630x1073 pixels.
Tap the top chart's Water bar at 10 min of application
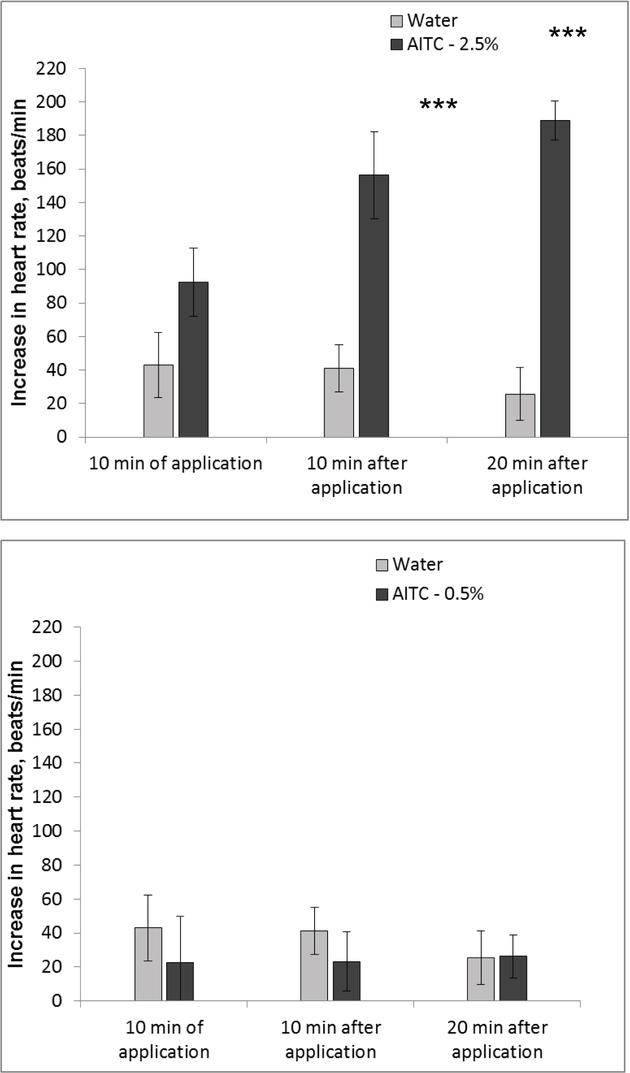pyautogui.click(x=158, y=400)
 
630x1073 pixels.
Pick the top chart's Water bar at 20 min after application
pyautogui.click(x=520, y=416)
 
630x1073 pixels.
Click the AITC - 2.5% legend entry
pyautogui.click(x=445, y=44)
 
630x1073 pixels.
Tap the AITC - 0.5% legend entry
pyautogui.click(x=430, y=594)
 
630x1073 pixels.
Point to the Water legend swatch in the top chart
pyautogui.click(x=396, y=21)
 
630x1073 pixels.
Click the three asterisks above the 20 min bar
pyautogui.click(x=568, y=33)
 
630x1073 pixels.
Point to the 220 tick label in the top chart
pyautogui.click(x=51, y=68)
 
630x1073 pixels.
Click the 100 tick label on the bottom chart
pyautogui.click(x=47, y=831)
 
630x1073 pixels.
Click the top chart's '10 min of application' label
pyautogui.click(x=176, y=463)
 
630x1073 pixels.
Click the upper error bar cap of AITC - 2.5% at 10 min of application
pyautogui.click(x=193, y=248)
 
